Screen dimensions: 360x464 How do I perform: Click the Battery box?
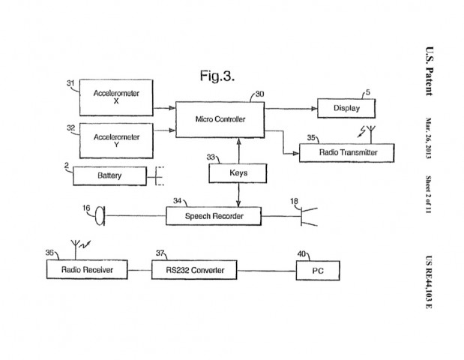[109, 176]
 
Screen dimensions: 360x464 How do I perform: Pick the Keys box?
[238, 174]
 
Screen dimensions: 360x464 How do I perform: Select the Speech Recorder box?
[213, 217]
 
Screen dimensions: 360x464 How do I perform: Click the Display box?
[346, 109]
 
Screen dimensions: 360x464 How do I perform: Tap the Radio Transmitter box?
[348, 153]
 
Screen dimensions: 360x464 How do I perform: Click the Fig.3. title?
[217, 75]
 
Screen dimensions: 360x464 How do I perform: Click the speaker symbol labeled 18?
[308, 217]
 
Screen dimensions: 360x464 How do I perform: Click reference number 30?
[259, 94]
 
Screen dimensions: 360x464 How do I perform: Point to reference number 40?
[302, 253]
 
